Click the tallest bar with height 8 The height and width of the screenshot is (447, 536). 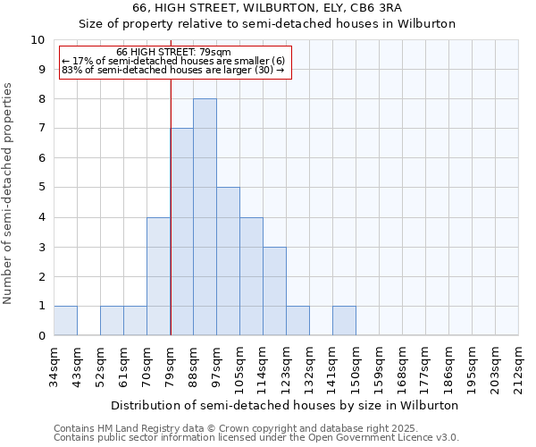[x=205, y=217]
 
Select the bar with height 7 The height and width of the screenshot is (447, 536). [x=181, y=232]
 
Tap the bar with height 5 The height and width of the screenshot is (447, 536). [x=228, y=261]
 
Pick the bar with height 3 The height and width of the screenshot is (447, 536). [x=274, y=291]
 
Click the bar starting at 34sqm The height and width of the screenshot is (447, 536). [x=65, y=320]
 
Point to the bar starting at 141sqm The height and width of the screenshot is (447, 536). [x=344, y=320]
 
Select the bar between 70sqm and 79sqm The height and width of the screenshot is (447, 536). [x=158, y=276]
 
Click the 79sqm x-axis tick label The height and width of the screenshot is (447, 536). [x=171, y=362]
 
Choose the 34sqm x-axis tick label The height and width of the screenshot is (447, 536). [x=54, y=362]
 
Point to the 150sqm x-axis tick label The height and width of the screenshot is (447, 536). [x=356, y=365]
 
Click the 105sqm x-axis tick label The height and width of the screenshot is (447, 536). [x=240, y=365]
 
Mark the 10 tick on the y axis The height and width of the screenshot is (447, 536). [x=38, y=40]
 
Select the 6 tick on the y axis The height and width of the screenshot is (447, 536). [x=40, y=158]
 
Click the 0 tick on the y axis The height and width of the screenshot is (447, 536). [x=40, y=336]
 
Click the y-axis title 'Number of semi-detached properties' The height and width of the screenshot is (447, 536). [x=9, y=193]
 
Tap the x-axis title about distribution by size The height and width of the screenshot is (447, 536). [x=285, y=405]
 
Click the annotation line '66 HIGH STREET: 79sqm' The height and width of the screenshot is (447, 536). [x=173, y=53]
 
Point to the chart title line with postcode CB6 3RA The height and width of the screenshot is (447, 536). [x=267, y=8]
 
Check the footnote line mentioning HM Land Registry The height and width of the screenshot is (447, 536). [x=230, y=429]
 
